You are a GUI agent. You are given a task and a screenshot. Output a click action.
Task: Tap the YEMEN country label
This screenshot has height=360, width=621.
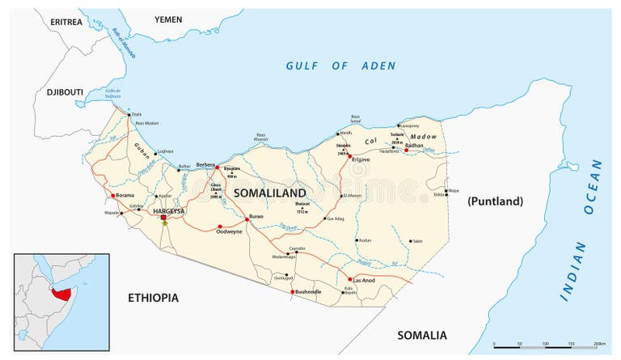click(x=168, y=19)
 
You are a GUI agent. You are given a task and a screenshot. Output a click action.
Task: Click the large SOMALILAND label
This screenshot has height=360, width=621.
click(x=269, y=193)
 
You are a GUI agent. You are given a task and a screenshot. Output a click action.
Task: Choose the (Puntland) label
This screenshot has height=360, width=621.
click(x=495, y=201)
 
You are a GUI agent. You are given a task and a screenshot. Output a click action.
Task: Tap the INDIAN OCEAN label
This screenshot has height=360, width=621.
click(x=581, y=230)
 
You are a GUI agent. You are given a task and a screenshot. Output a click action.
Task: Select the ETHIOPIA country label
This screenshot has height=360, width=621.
click(x=153, y=299)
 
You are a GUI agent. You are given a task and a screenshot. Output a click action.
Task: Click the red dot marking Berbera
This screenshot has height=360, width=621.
click(x=217, y=167)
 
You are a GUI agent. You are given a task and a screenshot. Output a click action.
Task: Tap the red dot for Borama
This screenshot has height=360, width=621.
click(x=112, y=196)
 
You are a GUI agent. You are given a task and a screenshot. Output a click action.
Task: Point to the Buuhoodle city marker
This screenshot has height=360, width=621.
click(x=293, y=291)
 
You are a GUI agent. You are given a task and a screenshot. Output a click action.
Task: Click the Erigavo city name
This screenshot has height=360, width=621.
click(x=360, y=159)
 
